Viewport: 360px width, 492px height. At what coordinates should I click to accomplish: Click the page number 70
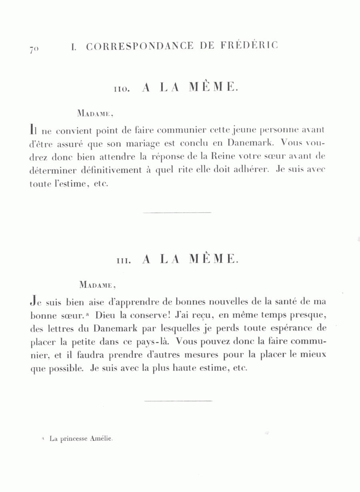33,49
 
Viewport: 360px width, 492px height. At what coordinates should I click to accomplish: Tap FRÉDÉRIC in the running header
249,46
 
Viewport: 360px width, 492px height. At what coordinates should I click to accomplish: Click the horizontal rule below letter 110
177,212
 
